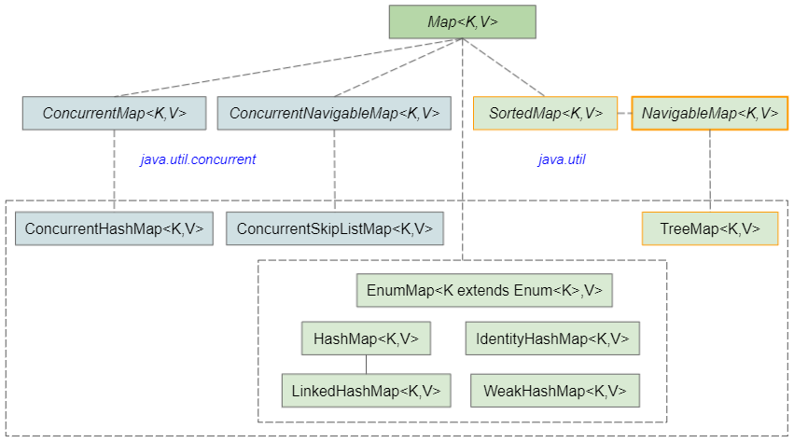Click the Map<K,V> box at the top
point(463,21)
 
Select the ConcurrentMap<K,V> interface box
point(114,113)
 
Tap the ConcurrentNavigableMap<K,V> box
point(334,113)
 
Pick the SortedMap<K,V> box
point(546,113)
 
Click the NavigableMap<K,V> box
point(710,113)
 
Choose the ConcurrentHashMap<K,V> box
point(114,228)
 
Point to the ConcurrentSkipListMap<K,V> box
point(335,228)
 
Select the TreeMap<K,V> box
point(710,228)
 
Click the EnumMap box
point(484,290)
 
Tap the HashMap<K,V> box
point(366,338)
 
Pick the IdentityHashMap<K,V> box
point(552,338)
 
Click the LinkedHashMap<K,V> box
point(366,391)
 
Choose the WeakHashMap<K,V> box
point(555,391)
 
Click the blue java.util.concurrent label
point(198,159)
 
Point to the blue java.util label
point(562,159)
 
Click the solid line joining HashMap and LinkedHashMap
point(366,365)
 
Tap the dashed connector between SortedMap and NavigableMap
point(625,113)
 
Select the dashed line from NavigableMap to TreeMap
point(710,171)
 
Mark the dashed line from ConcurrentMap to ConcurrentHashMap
point(114,171)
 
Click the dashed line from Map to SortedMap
point(503,67)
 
